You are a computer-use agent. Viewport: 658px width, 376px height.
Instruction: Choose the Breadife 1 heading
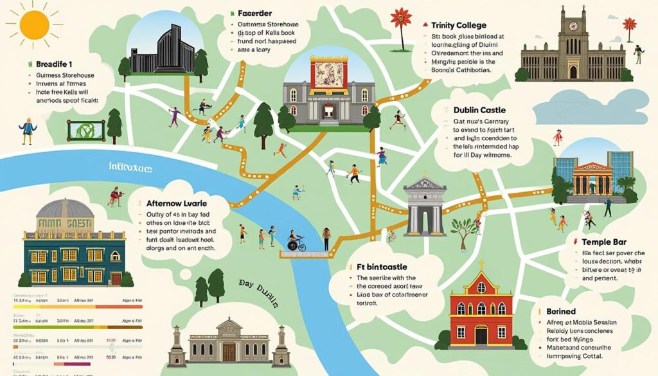(x=53, y=64)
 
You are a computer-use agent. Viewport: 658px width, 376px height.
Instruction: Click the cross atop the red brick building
(x=481, y=264)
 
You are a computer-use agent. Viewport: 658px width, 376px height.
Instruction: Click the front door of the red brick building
(x=481, y=336)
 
